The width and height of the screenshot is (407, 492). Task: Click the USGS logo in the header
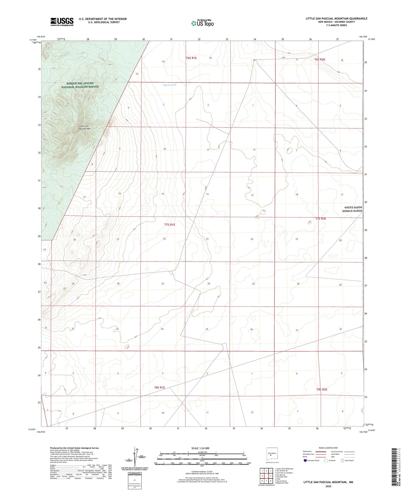click(x=62, y=22)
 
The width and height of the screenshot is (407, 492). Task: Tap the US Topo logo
click(x=202, y=23)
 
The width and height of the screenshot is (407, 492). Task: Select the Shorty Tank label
click(x=170, y=85)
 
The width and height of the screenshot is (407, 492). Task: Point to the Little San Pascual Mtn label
click(x=85, y=127)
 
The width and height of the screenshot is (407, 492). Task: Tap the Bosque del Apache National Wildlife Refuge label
click(x=80, y=85)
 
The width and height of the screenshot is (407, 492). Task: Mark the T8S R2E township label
click(x=322, y=389)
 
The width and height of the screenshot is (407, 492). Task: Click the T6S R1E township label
click(x=191, y=58)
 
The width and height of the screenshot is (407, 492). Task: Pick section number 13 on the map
click(x=252, y=195)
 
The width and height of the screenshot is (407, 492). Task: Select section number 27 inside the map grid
click(x=163, y=284)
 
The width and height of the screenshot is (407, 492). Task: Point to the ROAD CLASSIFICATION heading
click(x=328, y=448)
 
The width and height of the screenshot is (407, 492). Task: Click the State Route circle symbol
click(x=342, y=461)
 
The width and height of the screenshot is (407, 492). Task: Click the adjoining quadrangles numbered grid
click(x=266, y=476)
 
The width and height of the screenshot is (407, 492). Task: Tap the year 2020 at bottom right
click(x=328, y=486)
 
